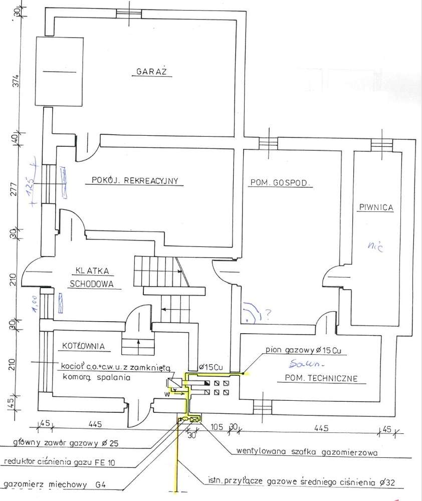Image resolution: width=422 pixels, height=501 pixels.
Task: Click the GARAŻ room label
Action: tap(154, 72)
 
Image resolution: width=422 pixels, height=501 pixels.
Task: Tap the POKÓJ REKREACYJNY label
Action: tap(135, 181)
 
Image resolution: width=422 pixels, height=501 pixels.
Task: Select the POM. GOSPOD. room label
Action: tap(281, 184)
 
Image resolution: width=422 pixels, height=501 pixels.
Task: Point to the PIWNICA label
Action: tap(376, 206)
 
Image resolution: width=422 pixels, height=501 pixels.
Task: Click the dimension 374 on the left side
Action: tap(16, 81)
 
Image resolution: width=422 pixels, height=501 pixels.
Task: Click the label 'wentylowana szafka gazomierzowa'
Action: tap(306, 451)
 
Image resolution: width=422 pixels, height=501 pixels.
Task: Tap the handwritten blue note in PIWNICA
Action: tap(371, 245)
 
